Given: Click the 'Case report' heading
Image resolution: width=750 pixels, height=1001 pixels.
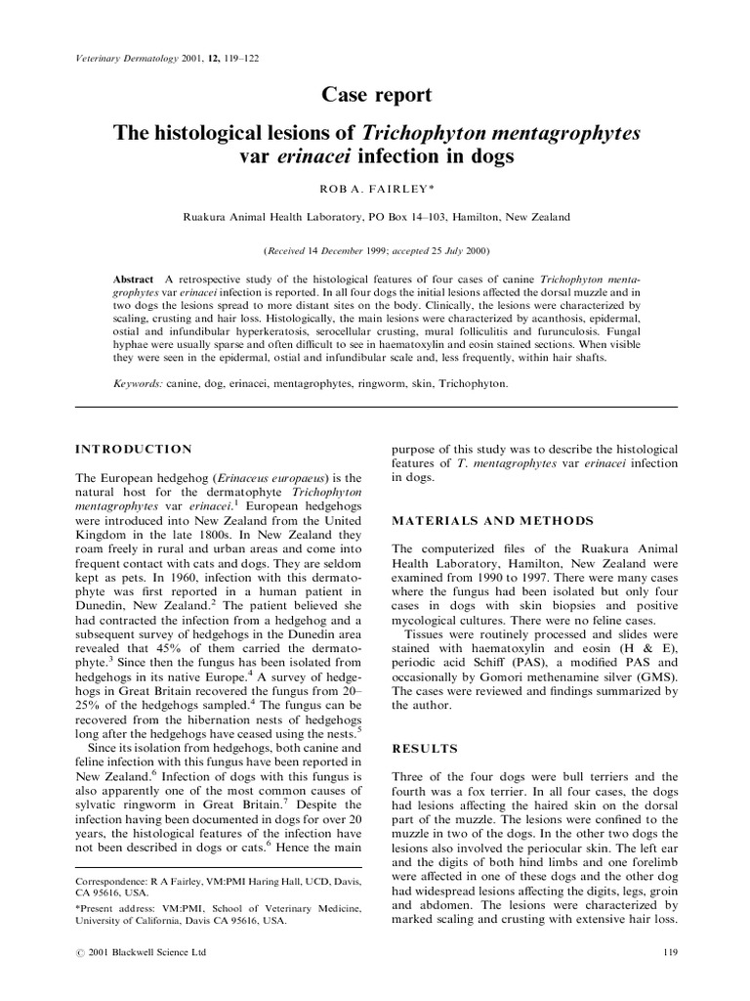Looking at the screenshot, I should point(375,96).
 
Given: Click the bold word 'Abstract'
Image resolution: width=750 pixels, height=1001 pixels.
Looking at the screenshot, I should point(134,279).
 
